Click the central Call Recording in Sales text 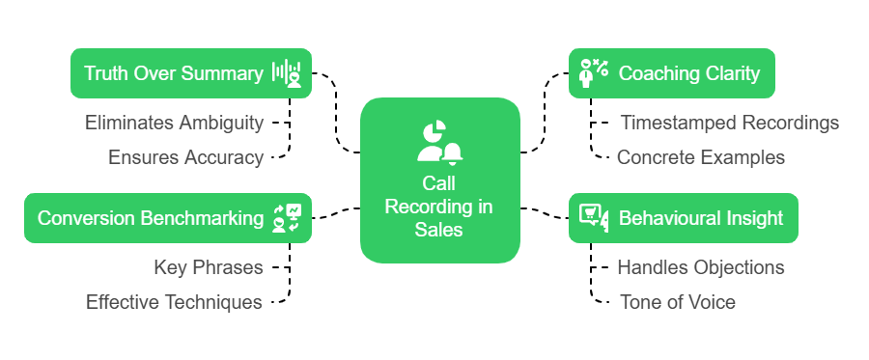point(439,206)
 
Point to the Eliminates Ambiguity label point(174,123)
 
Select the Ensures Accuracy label point(185,157)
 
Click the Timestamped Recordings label point(729,123)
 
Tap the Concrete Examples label point(700,157)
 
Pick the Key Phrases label point(208,267)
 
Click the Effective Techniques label point(174,302)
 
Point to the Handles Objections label point(700,267)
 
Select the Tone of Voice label point(677,302)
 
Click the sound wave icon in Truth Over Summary point(286,73)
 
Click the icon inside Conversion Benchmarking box point(287,218)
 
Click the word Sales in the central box point(439,229)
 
